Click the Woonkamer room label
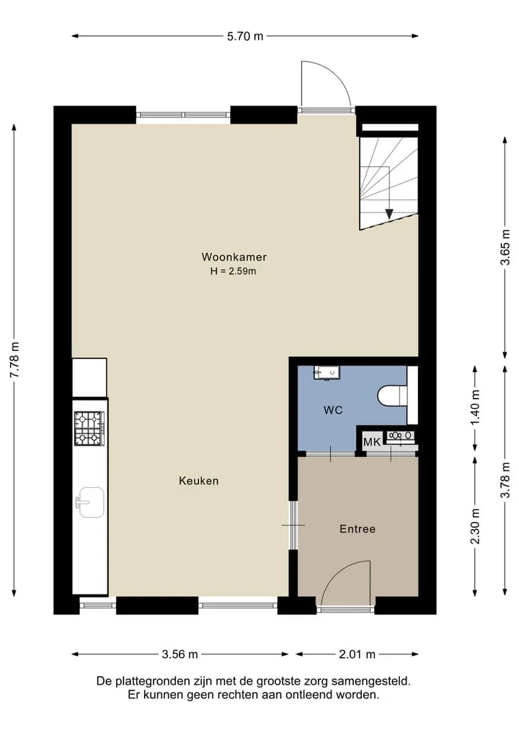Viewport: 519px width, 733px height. tap(234, 257)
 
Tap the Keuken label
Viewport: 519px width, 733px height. tap(199, 481)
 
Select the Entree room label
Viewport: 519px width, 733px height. tap(358, 529)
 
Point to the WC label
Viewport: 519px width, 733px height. tap(333, 410)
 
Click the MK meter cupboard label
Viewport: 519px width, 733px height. tap(372, 442)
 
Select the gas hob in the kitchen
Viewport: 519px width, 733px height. tap(89, 427)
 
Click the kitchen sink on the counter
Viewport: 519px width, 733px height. tap(91, 502)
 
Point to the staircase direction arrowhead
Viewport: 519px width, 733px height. tap(389, 213)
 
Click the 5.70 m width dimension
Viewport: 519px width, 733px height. tap(245, 36)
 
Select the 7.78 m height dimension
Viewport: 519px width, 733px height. tap(15, 360)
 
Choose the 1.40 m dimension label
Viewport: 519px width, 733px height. tap(476, 408)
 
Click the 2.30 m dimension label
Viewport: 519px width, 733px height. tap(476, 526)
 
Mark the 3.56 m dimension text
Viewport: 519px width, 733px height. tap(180, 654)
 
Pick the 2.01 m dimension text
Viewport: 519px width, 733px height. tap(358, 654)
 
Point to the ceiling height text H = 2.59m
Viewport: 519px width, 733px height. tap(234, 271)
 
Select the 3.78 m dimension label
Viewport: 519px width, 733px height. tap(505, 480)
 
